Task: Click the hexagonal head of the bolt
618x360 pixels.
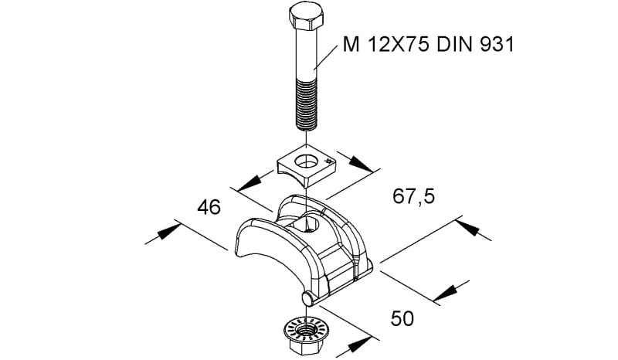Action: tap(306, 17)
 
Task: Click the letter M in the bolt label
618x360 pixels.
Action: tap(351, 44)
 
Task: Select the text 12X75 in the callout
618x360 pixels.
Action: tap(398, 44)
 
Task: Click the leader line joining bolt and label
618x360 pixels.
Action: tap(325, 58)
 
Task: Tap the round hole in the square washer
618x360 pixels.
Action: tap(305, 161)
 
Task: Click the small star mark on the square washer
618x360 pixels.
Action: tap(328, 161)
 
